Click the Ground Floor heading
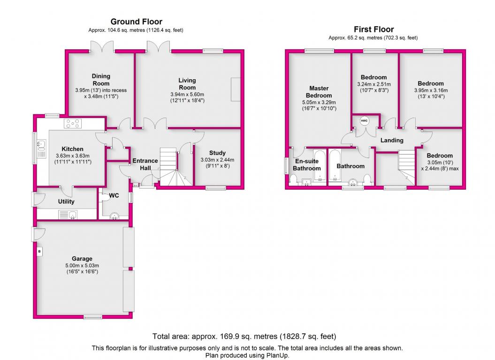pyautogui.click(x=137, y=22)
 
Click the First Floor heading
pyautogui.click(x=374, y=30)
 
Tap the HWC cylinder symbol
pyautogui.click(x=364, y=121)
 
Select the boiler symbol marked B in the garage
pyautogui.click(x=39, y=251)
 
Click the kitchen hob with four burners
pyautogui.click(x=73, y=123)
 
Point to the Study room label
pyautogui.click(x=218, y=153)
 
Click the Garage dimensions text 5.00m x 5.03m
pyautogui.click(x=82, y=265)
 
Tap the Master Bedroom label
pyautogui.click(x=319, y=92)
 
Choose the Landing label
pyautogui.click(x=392, y=141)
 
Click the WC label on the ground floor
pyautogui.click(x=114, y=195)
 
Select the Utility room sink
pyautogui.click(x=68, y=215)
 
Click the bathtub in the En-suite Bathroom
pyautogui.click(x=320, y=166)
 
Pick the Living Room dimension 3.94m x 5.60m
pyautogui.click(x=187, y=94)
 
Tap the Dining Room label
pyautogui.click(x=101, y=80)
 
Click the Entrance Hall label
pyautogui.click(x=145, y=164)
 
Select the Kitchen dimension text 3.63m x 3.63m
pyautogui.click(x=73, y=156)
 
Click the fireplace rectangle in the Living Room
pyautogui.click(x=236, y=89)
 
